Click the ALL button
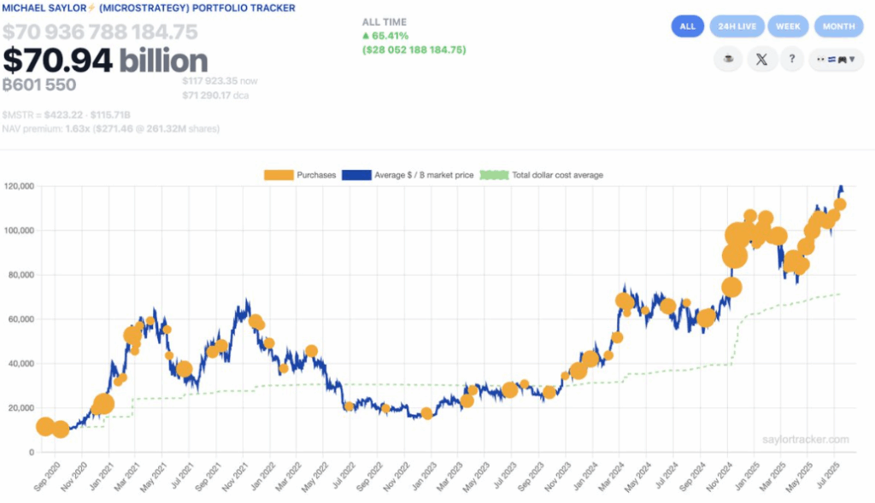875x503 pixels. click(687, 26)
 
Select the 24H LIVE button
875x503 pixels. click(737, 26)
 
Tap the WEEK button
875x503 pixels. click(788, 26)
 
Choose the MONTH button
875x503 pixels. click(838, 26)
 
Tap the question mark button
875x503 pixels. click(791, 60)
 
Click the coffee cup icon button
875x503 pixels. click(728, 60)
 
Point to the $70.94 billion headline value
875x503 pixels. click(105, 61)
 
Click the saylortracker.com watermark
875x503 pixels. click(806, 440)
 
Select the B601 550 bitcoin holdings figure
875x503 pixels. click(39, 85)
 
